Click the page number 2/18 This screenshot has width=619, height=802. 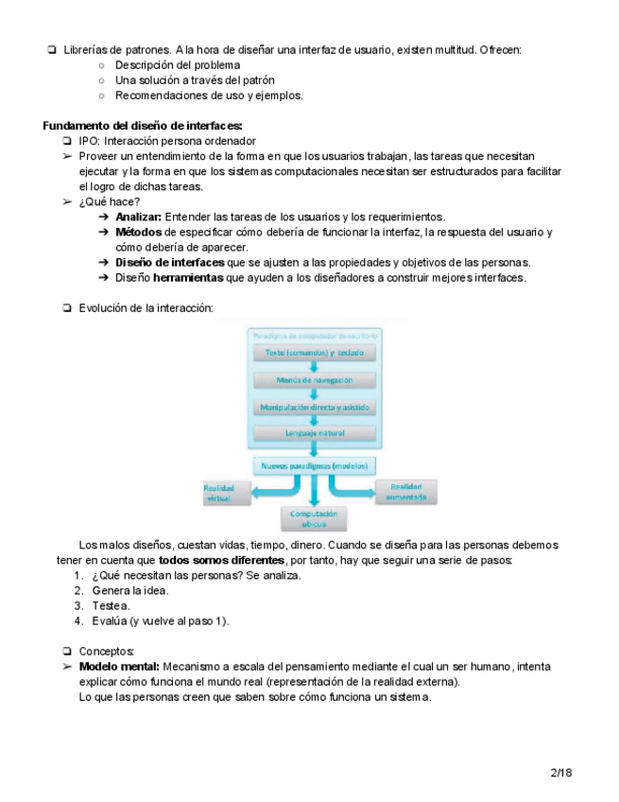point(561,773)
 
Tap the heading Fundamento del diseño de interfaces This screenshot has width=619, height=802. point(143,126)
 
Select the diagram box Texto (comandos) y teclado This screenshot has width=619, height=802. point(315,353)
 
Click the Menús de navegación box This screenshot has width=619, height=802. point(315,379)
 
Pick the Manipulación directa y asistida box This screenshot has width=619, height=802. point(315,407)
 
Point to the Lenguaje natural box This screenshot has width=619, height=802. point(315,433)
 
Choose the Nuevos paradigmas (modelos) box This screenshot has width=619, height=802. point(315,465)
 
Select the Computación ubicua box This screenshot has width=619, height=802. point(314,517)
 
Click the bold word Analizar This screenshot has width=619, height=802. point(138,218)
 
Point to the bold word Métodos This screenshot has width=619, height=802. point(138,233)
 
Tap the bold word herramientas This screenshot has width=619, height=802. point(188,278)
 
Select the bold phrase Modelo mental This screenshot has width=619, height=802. point(119,667)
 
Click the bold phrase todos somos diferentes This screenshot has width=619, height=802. point(221,560)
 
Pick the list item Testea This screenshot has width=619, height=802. point(111,605)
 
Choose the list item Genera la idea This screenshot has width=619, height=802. point(130,590)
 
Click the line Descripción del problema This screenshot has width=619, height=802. point(177,65)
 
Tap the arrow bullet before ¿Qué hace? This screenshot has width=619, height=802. point(67,202)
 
